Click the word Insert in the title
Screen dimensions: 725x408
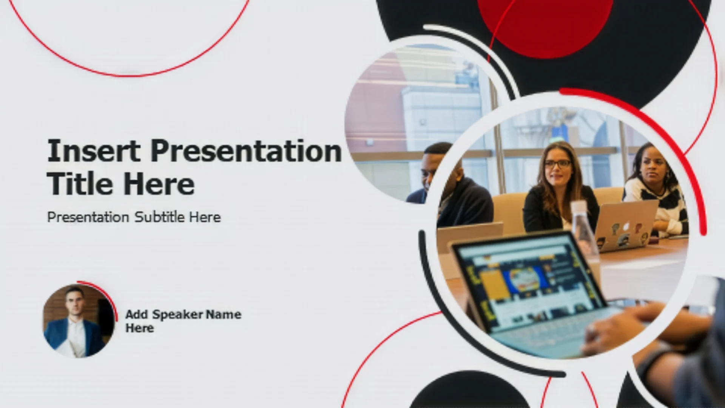click(94, 151)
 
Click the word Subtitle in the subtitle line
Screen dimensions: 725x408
click(159, 217)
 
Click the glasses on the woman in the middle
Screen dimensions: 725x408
click(557, 164)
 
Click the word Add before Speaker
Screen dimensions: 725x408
click(136, 314)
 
